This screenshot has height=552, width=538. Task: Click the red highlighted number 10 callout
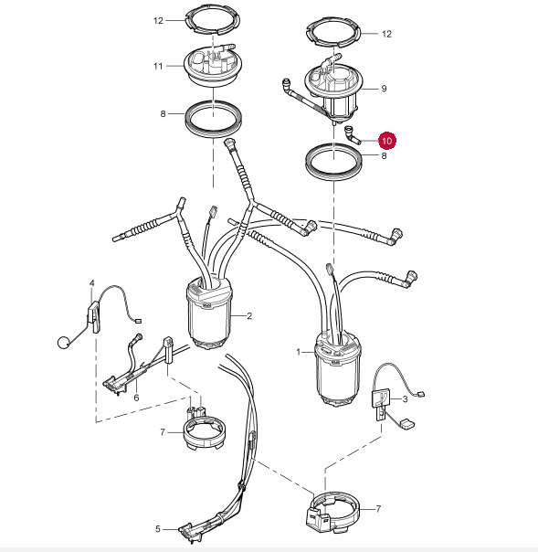click(386, 141)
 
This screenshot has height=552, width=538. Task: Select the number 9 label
click(384, 89)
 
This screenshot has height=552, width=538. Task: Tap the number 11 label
click(158, 66)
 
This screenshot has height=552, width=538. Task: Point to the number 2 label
click(249, 316)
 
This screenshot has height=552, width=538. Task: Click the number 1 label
click(299, 352)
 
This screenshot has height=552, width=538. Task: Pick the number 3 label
click(405, 399)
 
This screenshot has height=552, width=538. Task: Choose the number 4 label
click(92, 283)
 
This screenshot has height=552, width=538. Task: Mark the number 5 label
click(158, 529)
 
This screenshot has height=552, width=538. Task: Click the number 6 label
click(136, 398)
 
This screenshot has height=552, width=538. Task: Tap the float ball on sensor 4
click(63, 343)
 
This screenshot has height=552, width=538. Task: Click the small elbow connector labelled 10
click(352, 135)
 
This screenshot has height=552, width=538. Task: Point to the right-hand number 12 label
click(386, 34)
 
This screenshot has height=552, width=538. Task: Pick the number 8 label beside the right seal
click(384, 155)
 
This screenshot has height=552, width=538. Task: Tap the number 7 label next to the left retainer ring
click(163, 432)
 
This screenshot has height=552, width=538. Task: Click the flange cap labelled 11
click(213, 67)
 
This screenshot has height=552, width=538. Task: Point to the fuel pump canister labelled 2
click(209, 313)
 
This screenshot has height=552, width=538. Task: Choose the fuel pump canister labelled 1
click(338, 368)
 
